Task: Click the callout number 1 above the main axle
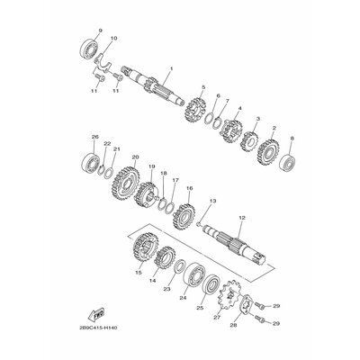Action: (171, 68)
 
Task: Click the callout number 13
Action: (211, 202)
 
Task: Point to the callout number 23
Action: (166, 290)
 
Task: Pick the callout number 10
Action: (112, 40)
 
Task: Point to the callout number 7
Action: (227, 102)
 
